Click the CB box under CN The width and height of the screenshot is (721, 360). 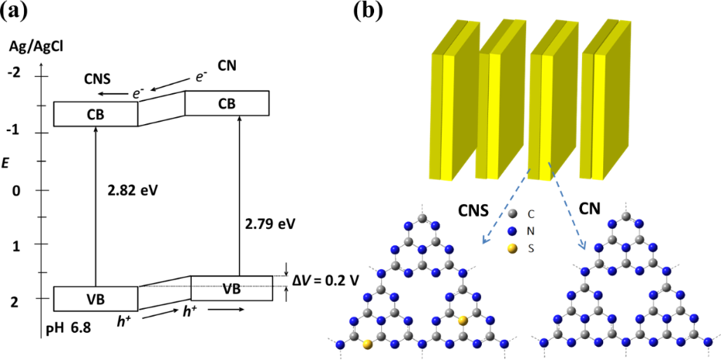coord(227,103)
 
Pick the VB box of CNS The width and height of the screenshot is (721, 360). coord(95,299)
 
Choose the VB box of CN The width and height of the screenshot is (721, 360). coord(231,289)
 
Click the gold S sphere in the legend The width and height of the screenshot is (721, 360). coord(511,248)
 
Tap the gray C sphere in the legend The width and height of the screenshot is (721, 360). coord(511,212)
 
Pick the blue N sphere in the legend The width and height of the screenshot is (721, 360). coord(511,230)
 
